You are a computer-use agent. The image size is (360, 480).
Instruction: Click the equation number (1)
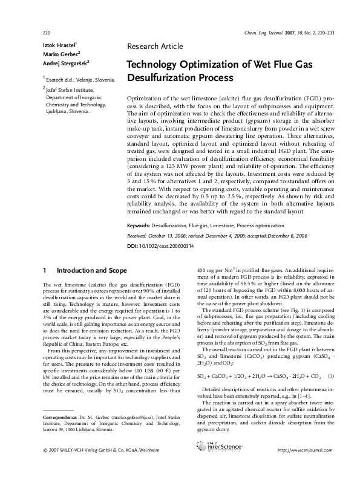coord(330,376)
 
